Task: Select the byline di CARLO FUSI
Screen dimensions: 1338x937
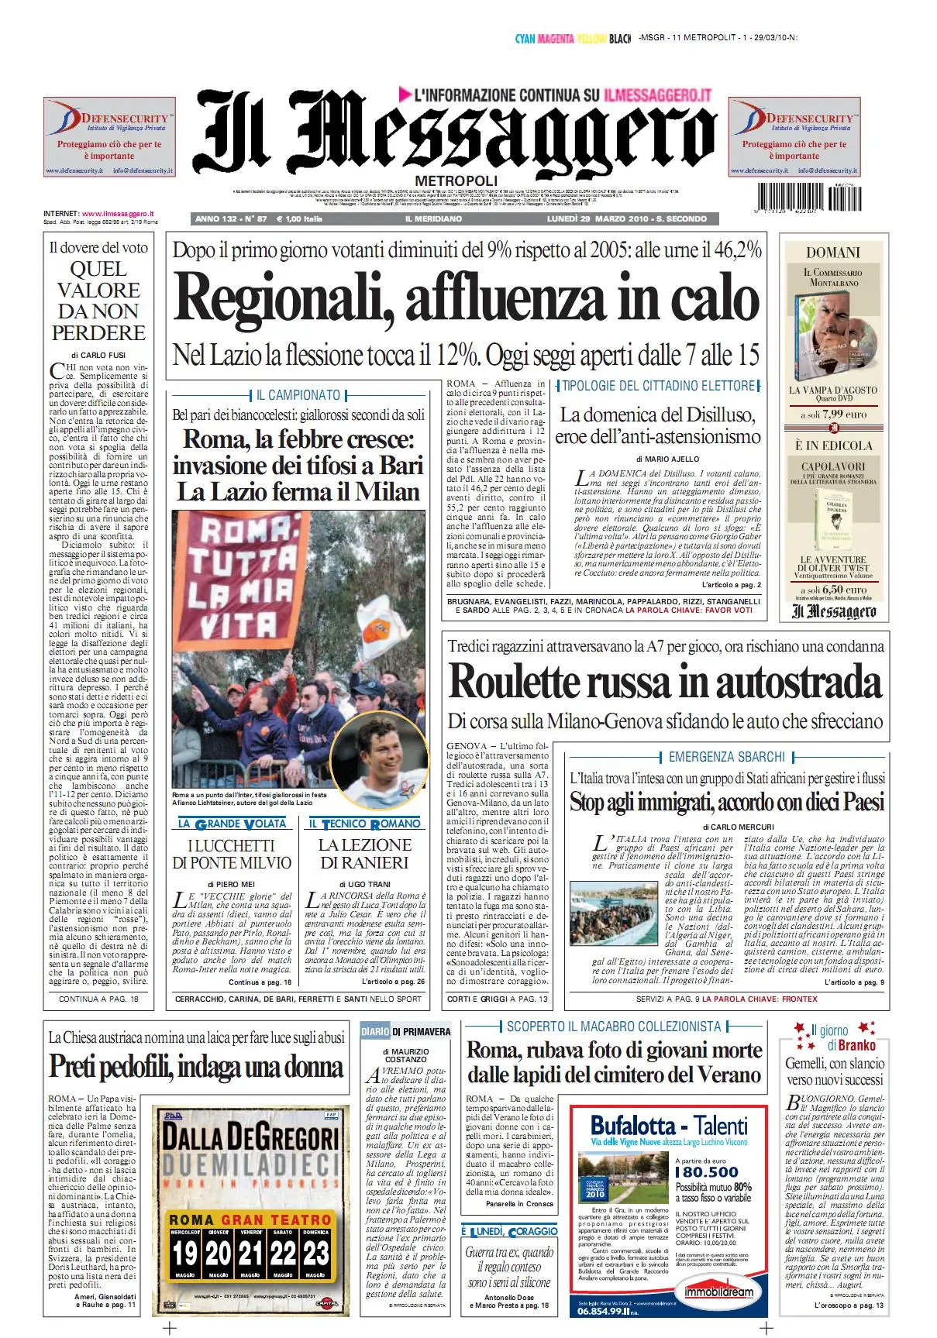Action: tap(98, 355)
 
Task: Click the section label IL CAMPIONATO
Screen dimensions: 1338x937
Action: tap(298, 395)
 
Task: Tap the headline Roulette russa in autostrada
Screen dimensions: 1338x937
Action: tap(665, 683)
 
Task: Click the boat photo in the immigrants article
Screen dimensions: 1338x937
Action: tap(613, 914)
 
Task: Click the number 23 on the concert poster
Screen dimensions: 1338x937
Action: tap(315, 1253)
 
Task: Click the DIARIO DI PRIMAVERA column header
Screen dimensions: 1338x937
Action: tap(405, 1031)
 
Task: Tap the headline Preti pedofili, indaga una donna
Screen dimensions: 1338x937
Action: tap(197, 1068)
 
